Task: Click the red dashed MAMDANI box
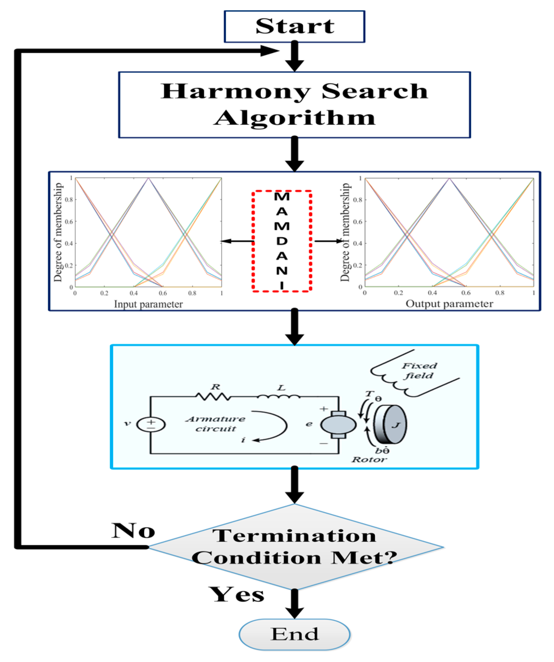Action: [x=282, y=241]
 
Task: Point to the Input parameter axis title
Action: [x=148, y=304]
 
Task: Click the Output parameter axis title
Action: [x=449, y=304]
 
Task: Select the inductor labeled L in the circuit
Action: [x=278, y=397]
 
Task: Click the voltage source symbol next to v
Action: [x=151, y=424]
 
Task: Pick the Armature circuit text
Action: [x=215, y=424]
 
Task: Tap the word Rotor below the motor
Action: [x=369, y=459]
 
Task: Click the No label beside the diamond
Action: [x=133, y=531]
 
